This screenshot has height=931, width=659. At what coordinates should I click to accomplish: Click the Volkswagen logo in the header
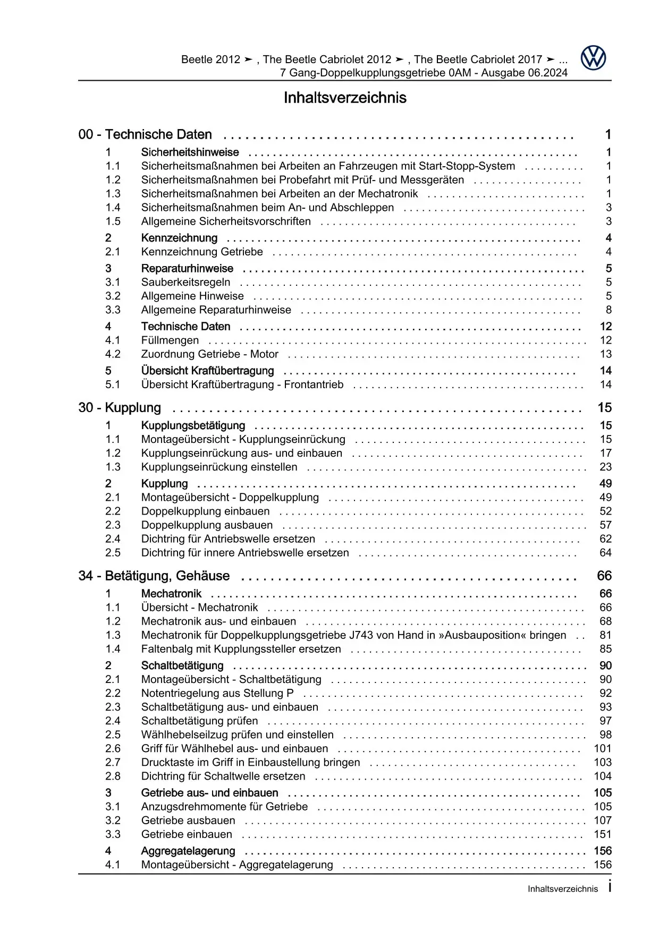(593, 58)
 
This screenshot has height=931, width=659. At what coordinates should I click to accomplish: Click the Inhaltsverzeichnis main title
(345, 98)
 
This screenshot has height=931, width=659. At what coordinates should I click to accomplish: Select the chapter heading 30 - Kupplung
(120, 408)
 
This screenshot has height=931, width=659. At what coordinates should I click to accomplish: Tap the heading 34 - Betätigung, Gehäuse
(154, 576)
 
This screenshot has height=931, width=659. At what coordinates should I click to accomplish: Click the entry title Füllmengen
(170, 340)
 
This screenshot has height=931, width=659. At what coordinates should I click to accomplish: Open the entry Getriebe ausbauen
(188, 821)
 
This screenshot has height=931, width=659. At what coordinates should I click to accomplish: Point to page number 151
(603, 834)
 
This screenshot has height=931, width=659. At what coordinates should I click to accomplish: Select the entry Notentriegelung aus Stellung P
(217, 693)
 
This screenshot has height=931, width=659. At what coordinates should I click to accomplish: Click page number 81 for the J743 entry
(605, 635)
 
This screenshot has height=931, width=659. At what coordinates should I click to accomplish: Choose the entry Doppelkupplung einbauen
(205, 511)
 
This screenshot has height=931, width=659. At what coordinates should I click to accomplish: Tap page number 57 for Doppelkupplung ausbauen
(605, 525)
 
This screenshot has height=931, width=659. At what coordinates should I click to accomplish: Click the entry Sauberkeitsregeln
(185, 283)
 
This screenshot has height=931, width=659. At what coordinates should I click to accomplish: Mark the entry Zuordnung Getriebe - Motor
(209, 354)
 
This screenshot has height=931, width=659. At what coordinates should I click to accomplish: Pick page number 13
(605, 354)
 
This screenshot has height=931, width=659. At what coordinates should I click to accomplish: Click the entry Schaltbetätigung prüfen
(199, 721)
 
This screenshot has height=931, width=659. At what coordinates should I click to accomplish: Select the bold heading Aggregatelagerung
(188, 851)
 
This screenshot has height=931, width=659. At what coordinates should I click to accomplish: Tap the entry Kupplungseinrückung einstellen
(219, 467)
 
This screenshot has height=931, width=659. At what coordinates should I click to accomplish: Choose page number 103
(603, 762)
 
